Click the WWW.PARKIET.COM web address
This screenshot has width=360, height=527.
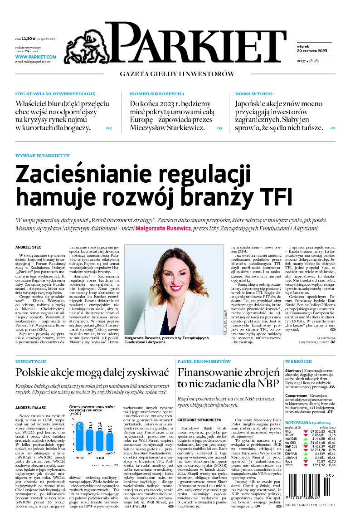tap(35, 57)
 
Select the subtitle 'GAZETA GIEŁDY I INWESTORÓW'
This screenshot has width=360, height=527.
tap(177, 73)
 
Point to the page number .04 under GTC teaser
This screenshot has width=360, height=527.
tap(108, 128)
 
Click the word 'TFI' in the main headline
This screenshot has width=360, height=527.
tap(273, 196)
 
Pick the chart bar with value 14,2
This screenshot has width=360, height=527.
tap(110, 449)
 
